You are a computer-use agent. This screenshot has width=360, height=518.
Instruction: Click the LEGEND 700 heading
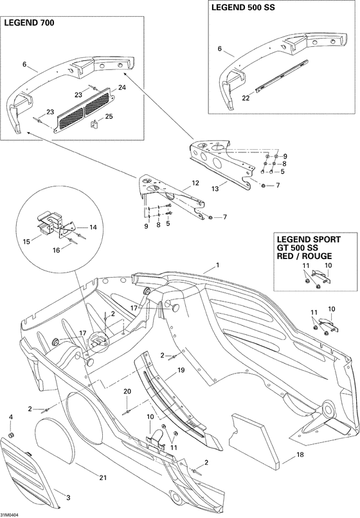tap(30, 22)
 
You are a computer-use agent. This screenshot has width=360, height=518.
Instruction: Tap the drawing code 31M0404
tap(10, 514)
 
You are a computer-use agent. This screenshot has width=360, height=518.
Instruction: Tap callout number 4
tap(10, 418)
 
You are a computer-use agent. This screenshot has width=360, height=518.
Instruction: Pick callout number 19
tap(181, 370)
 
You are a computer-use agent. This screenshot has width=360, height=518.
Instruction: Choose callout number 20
tap(127, 391)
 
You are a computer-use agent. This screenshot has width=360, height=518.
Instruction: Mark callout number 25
tap(108, 116)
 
